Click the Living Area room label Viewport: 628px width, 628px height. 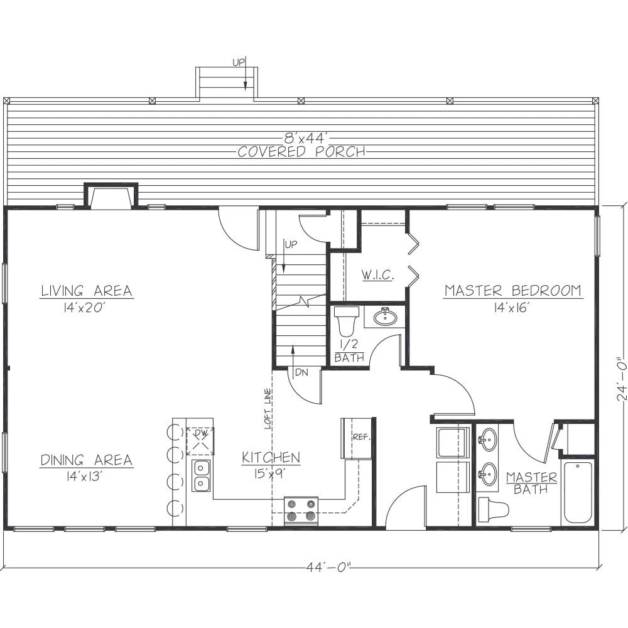click(x=87, y=290)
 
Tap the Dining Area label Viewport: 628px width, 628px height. click(x=87, y=460)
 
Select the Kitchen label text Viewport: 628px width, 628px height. click(x=271, y=457)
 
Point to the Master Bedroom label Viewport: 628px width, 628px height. click(x=513, y=290)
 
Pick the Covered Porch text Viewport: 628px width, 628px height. click(x=301, y=152)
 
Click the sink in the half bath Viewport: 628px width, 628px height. click(x=386, y=317)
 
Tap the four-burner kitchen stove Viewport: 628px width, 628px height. click(x=301, y=511)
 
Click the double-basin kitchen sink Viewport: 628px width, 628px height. click(x=202, y=475)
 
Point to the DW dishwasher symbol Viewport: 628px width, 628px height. click(x=200, y=441)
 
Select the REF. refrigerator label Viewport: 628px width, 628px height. click(x=361, y=437)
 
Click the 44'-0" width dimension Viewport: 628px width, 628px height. click(x=329, y=567)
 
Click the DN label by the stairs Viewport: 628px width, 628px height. click(x=302, y=372)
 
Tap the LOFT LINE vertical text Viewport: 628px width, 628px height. click(x=268, y=409)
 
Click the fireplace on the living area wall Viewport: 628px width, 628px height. click(x=111, y=195)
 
